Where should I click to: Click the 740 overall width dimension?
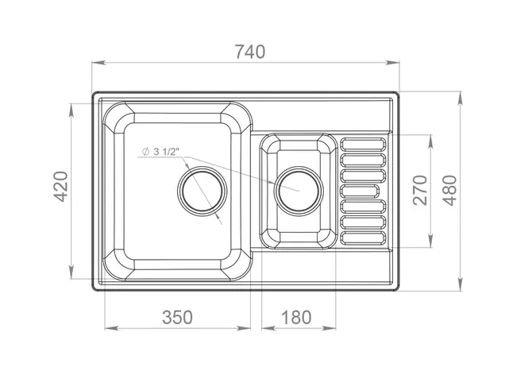250,52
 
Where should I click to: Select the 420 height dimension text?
60,187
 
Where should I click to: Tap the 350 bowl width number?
177,317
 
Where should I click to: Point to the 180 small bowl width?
296,317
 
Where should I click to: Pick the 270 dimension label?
420,190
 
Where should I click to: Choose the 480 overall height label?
449,190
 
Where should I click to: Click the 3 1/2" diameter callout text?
166,152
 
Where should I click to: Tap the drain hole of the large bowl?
202,191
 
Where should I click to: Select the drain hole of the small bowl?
299,191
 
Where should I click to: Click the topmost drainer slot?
363,144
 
